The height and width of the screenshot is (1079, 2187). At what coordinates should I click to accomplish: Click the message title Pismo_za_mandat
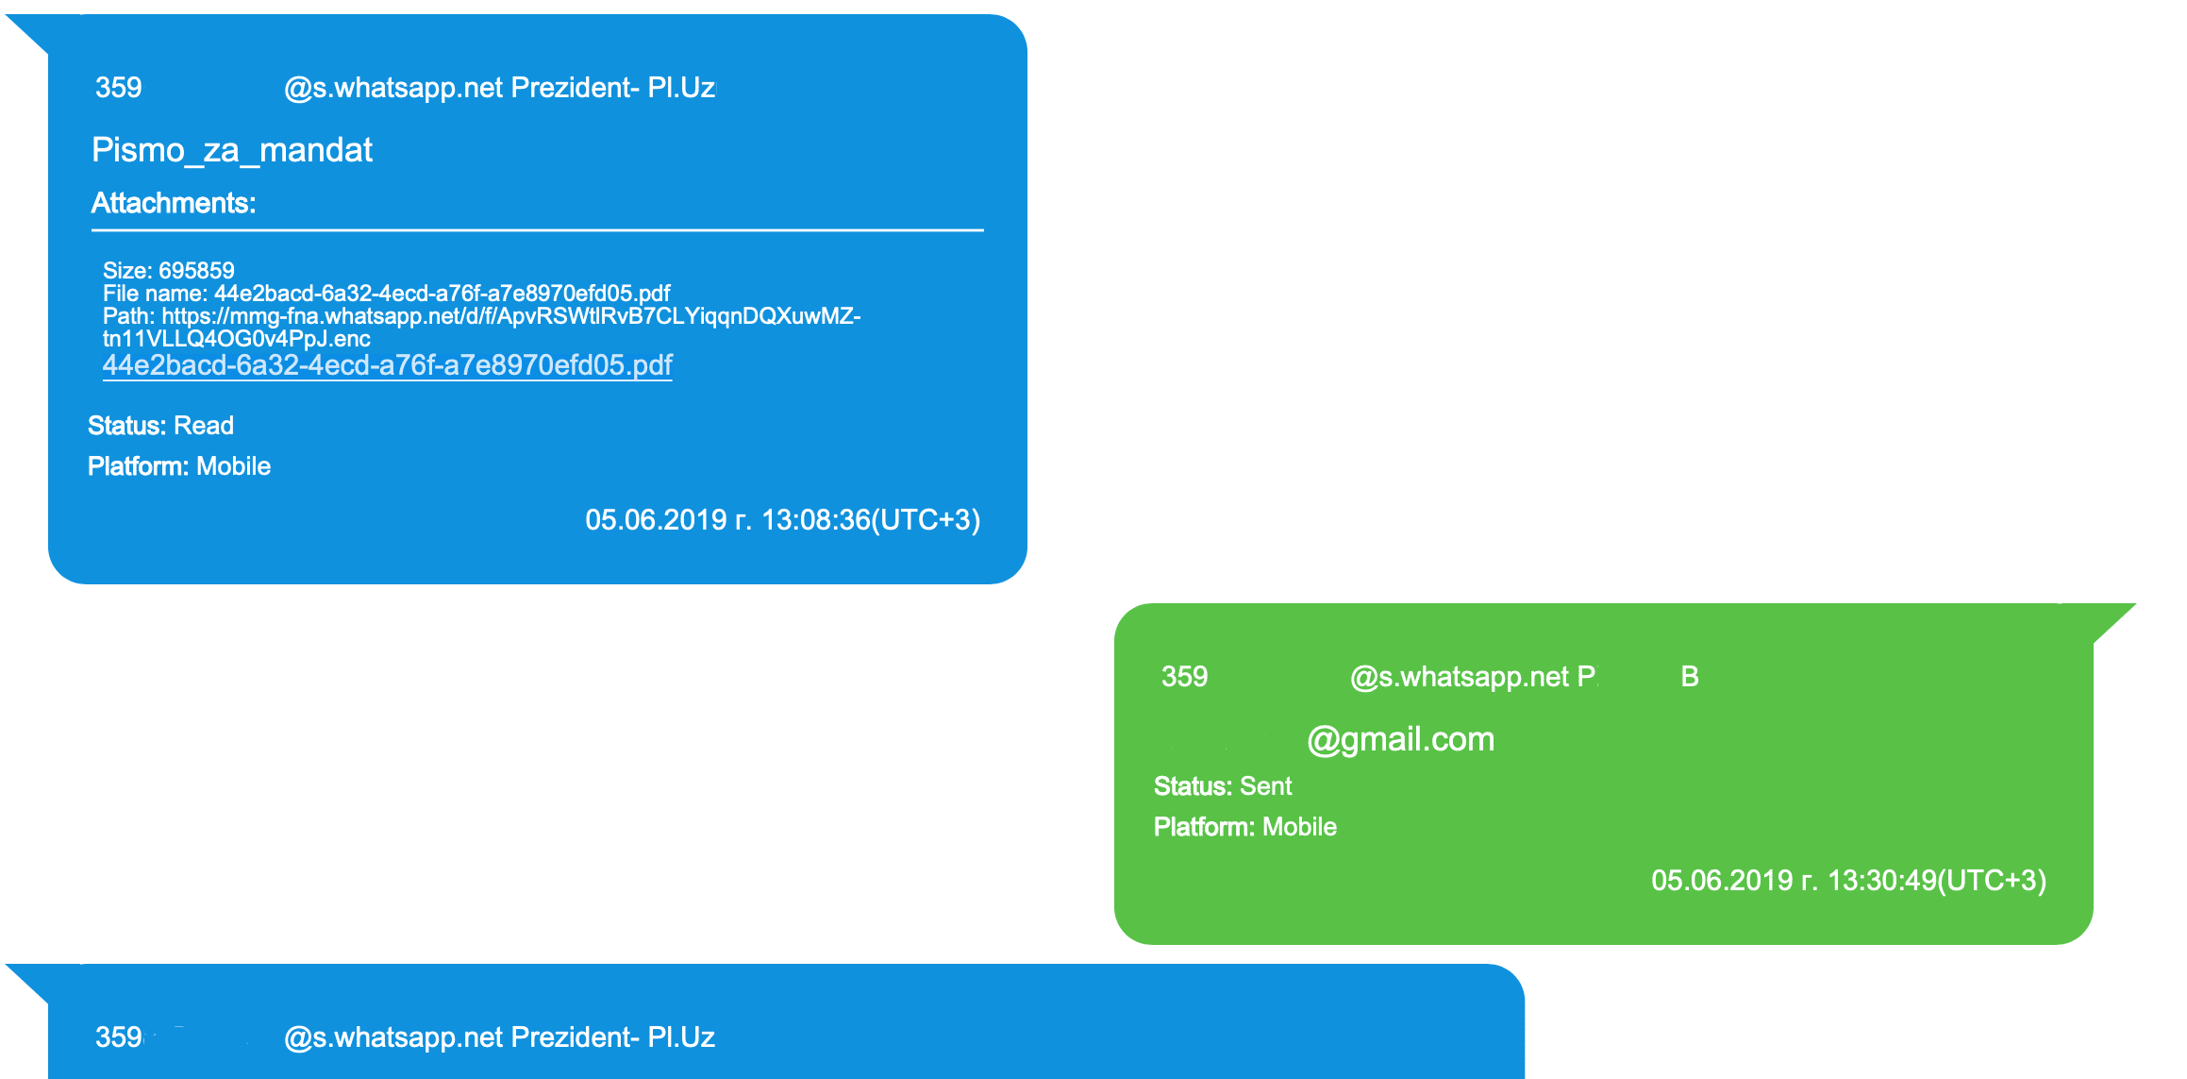tap(232, 150)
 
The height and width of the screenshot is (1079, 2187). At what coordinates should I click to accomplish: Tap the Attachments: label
tap(174, 203)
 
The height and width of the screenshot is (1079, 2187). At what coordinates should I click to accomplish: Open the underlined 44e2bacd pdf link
tap(387, 365)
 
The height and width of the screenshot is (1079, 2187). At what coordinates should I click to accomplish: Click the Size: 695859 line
tap(169, 271)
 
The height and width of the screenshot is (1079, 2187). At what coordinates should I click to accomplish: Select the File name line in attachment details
tap(386, 294)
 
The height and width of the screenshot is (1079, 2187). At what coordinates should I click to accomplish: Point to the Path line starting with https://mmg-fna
tap(481, 316)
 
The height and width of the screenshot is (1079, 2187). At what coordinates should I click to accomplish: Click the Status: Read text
tap(160, 426)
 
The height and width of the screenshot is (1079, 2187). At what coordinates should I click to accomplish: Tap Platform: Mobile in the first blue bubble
tap(179, 466)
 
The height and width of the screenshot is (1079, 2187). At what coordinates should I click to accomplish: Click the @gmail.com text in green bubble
tap(1400, 739)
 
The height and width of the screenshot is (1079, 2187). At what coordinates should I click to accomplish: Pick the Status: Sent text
tap(1223, 786)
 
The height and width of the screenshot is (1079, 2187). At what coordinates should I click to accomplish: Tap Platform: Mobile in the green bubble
tap(1245, 827)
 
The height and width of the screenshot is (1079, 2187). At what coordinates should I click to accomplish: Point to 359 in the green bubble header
tap(1184, 677)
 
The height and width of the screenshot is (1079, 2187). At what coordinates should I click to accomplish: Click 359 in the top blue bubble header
tap(119, 88)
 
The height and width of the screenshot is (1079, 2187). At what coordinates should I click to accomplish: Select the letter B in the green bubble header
tap(1690, 677)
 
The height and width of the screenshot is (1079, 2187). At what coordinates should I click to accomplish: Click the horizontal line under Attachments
tap(538, 229)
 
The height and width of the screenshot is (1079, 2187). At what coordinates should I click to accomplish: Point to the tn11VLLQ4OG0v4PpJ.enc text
tap(237, 339)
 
